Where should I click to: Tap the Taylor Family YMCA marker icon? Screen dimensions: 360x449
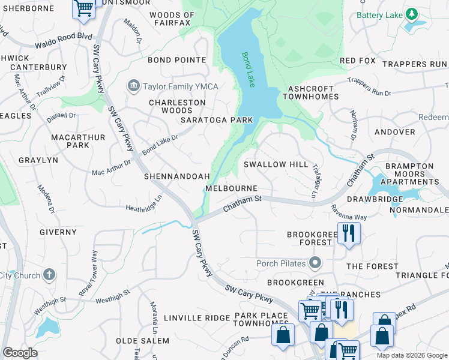[x=133, y=86]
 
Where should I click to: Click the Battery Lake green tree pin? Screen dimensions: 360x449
[x=411, y=14]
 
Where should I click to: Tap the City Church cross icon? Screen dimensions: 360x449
[x=49, y=275]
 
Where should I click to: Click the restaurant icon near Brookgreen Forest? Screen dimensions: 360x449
[x=348, y=232]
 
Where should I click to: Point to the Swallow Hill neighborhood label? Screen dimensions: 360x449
[x=276, y=164]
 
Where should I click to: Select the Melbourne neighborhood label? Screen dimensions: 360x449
[x=231, y=188]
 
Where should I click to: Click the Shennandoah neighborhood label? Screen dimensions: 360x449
[x=176, y=176]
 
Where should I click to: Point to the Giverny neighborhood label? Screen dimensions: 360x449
[x=58, y=232]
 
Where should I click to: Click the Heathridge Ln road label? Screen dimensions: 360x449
[x=144, y=204]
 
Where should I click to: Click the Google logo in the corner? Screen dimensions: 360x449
[x=20, y=353]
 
